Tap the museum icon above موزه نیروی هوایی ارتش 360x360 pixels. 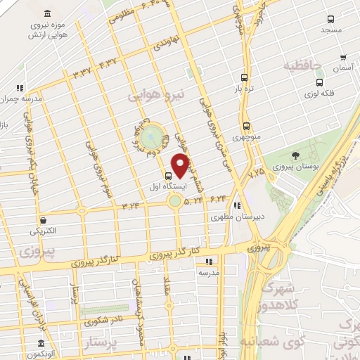(46, 14)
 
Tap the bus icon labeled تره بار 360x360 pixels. (244, 78)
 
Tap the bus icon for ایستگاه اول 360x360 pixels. (168, 175)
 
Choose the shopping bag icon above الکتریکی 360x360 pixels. (44, 220)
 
